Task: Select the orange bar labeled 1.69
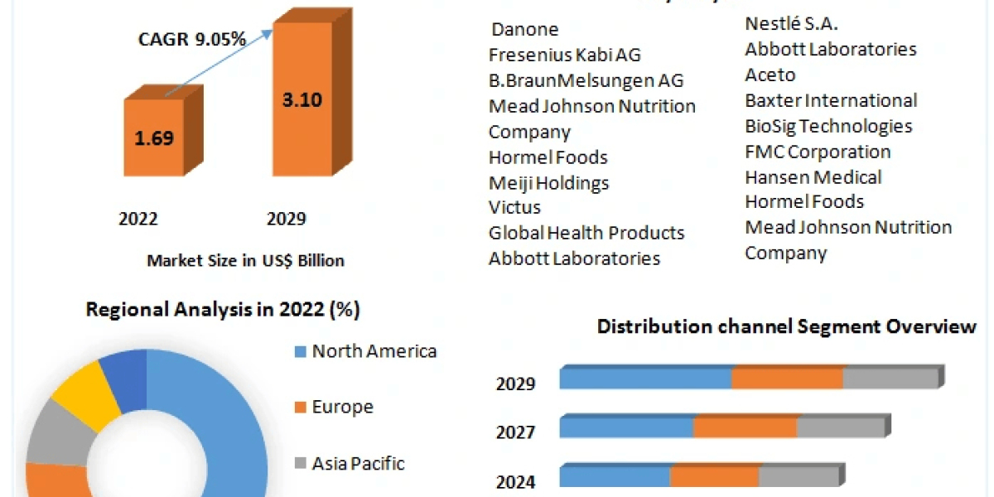(154, 137)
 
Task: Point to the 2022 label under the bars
(138, 219)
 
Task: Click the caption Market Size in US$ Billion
(245, 260)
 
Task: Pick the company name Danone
(525, 30)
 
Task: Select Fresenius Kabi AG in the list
(565, 55)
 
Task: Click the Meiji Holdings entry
(548, 183)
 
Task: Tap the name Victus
(514, 207)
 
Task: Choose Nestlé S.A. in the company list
(792, 24)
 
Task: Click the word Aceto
(770, 75)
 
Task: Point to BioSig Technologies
(828, 126)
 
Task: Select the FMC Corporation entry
(818, 152)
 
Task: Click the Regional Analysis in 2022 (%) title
(223, 311)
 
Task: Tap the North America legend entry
(374, 351)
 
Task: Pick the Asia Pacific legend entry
(358, 463)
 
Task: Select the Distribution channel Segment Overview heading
(786, 326)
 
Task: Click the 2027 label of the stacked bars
(516, 432)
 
